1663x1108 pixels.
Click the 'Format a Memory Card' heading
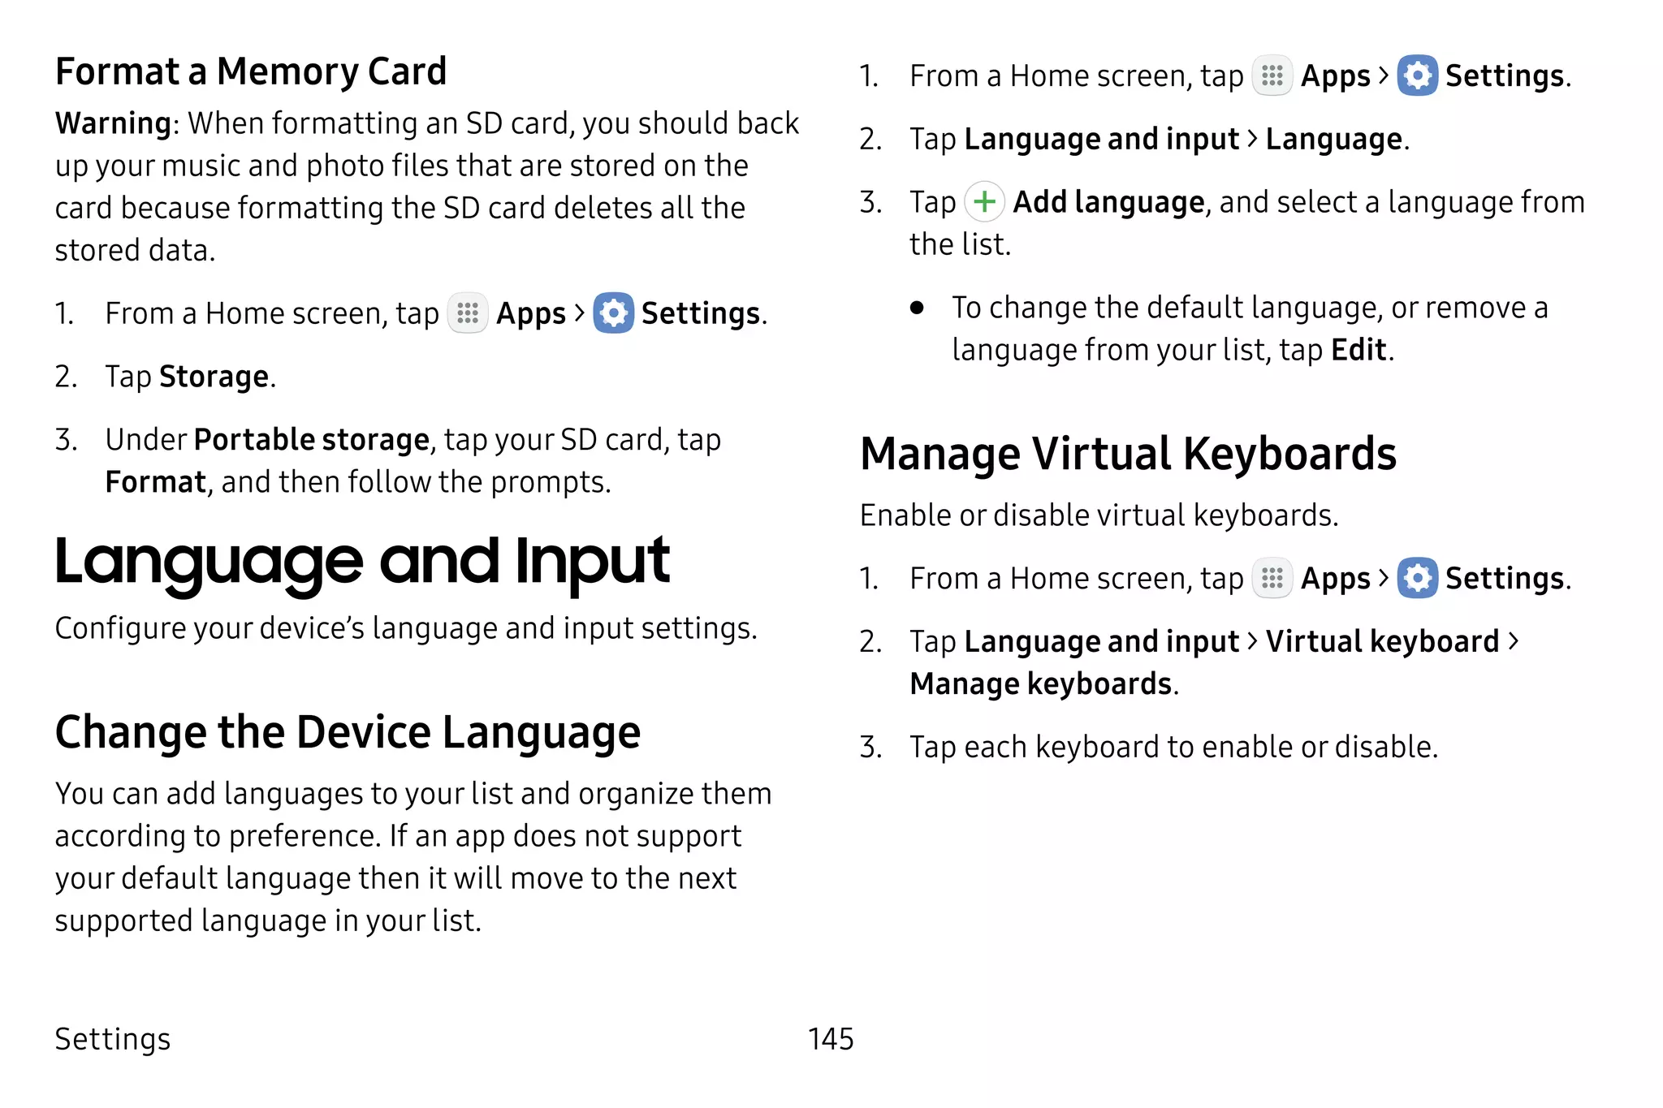coord(251,71)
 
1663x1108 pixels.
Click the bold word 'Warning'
coord(113,123)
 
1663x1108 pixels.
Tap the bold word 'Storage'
coord(214,377)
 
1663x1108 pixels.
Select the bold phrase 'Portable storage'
coord(312,440)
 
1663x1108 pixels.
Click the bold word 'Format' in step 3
coord(156,482)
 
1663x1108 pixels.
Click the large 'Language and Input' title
coord(362,562)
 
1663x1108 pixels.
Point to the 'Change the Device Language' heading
coord(348,732)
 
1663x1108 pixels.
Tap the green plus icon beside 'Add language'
coord(984,202)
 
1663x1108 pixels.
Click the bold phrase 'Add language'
coord(1109,202)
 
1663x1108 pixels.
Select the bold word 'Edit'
coord(1358,350)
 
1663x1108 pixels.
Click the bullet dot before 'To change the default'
coord(917,308)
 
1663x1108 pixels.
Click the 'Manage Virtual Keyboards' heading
coord(1128,454)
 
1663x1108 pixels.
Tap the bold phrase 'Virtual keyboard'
coord(1382,641)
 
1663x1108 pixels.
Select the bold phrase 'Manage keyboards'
coord(1042,683)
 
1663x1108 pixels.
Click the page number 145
coord(831,1039)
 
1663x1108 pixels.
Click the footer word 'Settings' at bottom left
coord(113,1039)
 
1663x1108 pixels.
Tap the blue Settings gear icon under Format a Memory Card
coord(613,313)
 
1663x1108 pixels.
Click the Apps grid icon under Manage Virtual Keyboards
coord(1272,579)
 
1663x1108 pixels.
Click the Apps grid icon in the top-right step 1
coord(1272,76)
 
